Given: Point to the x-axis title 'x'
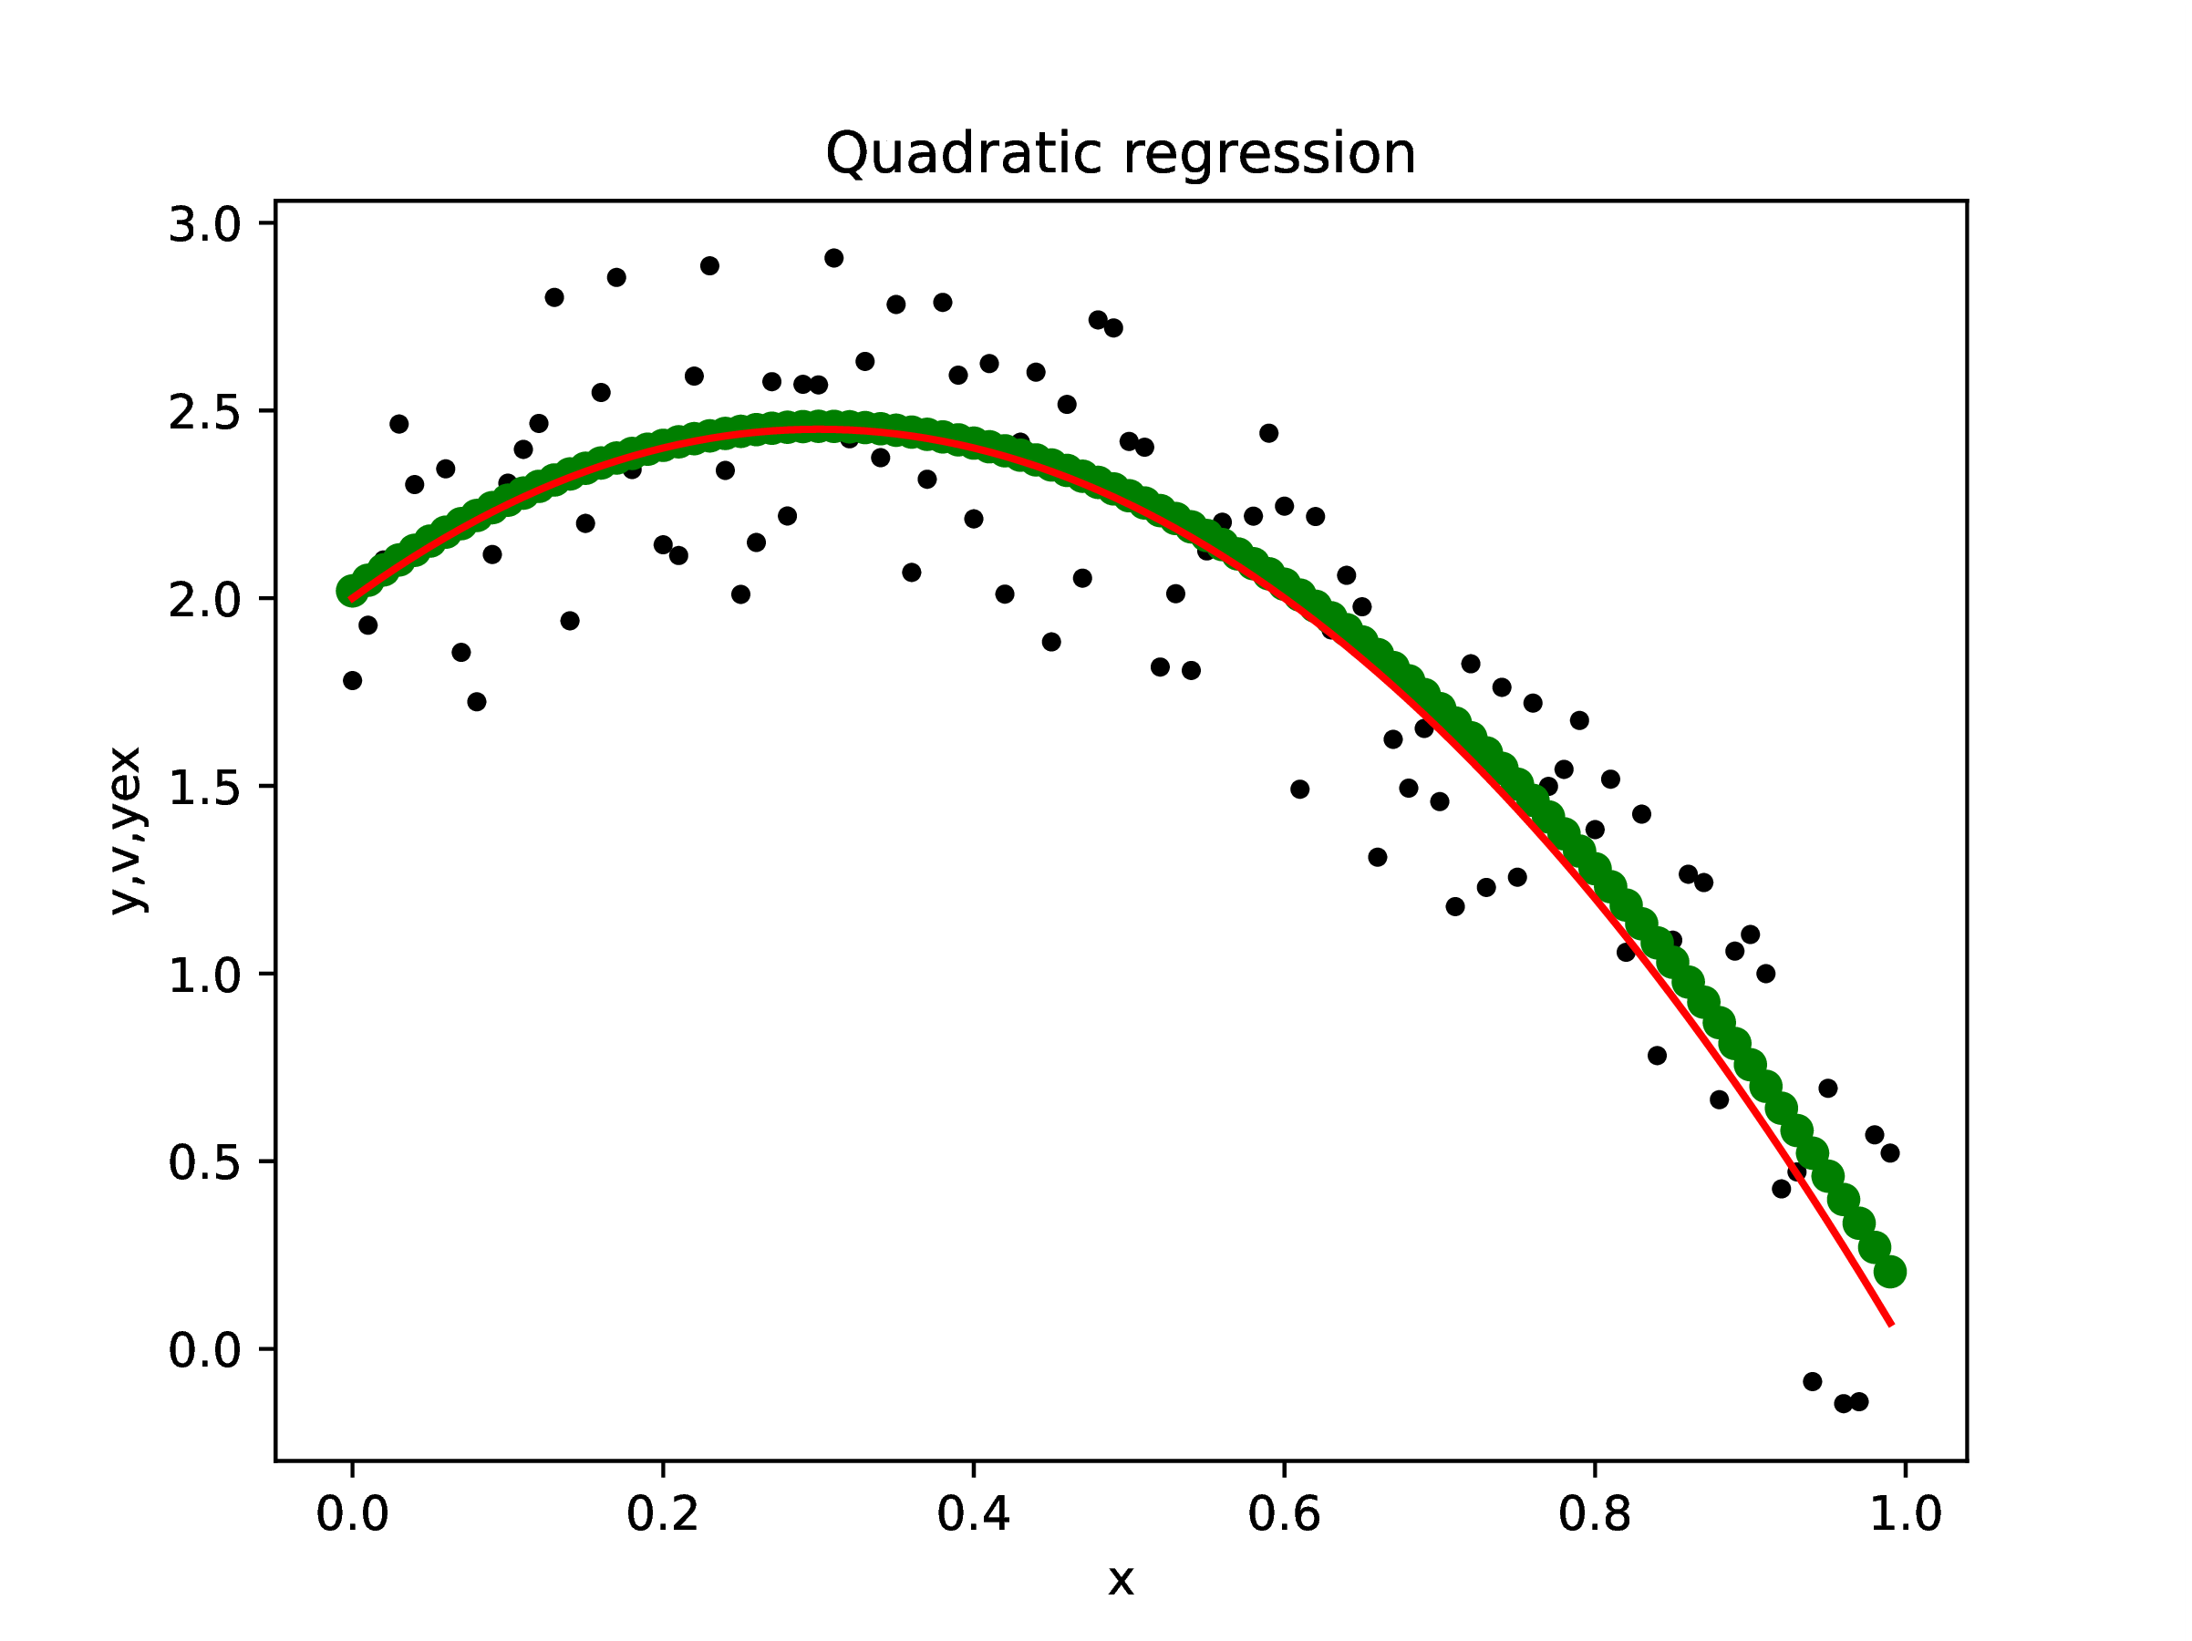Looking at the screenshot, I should tap(1120, 1580).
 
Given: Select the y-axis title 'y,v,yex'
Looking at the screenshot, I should tap(127, 831).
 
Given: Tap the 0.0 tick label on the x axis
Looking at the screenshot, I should tap(352, 1513).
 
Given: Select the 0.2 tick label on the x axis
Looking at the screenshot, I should tap(663, 1513).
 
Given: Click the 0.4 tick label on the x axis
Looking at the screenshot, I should tap(973, 1513).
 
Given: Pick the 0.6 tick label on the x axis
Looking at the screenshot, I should tap(1284, 1513).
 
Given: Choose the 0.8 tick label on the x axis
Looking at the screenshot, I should tap(1595, 1513).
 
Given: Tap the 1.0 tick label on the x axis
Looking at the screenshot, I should tap(1905, 1513).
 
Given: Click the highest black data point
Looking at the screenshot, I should tap(833, 258).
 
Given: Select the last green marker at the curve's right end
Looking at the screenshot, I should tap(1890, 1273).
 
